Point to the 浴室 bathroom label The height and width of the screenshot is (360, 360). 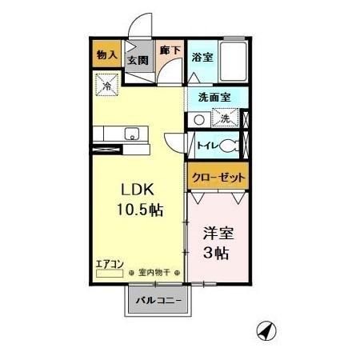[202, 57]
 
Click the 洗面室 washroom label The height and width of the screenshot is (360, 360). [215, 97]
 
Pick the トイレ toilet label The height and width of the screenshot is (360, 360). [206, 146]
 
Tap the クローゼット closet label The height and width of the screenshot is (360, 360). [218, 177]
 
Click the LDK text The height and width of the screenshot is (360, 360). [137, 190]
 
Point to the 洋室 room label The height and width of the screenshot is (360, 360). [217, 234]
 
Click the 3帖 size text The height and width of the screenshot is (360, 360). [217, 255]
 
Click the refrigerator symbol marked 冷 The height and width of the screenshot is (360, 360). [106, 82]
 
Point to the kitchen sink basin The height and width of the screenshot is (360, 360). [133, 133]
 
